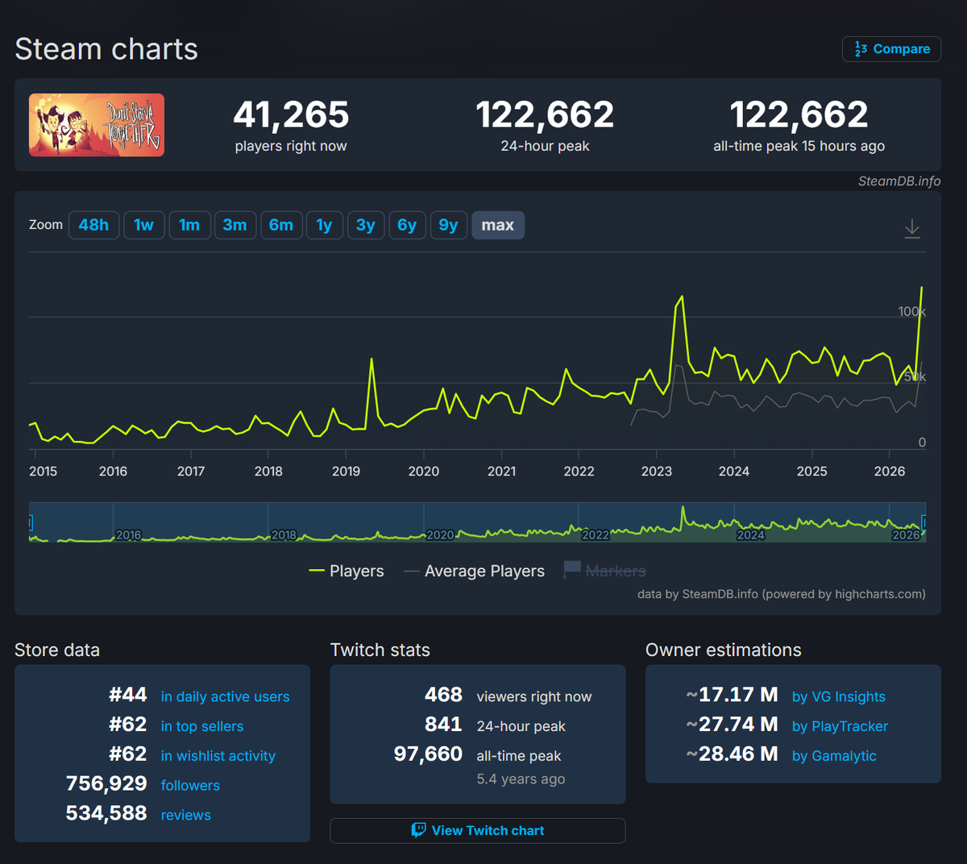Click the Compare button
point(891,49)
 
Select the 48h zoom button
point(93,225)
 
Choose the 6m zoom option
point(281,225)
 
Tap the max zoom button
point(498,225)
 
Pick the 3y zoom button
point(366,225)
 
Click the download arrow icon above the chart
point(912,229)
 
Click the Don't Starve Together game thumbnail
point(97,125)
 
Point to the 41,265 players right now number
point(291,114)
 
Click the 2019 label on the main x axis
point(346,471)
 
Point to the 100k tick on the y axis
point(911,312)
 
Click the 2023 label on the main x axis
point(656,471)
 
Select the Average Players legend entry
point(474,571)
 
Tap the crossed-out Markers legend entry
point(604,571)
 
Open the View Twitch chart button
point(478,831)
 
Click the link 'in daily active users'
point(226,696)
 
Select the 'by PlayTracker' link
point(840,726)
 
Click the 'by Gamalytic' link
point(834,756)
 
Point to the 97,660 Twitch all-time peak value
point(428,754)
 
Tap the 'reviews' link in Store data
point(185,815)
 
